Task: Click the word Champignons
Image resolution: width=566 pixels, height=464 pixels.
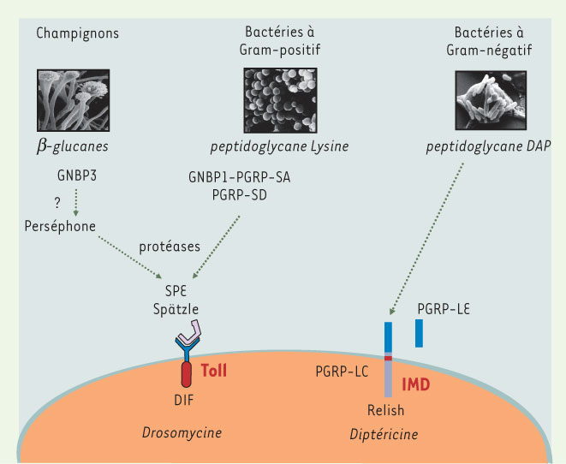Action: pyautogui.click(x=77, y=33)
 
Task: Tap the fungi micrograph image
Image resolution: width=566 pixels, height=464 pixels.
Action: pyautogui.click(x=74, y=100)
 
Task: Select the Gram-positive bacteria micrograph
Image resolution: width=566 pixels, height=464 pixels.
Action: pyautogui.click(x=281, y=100)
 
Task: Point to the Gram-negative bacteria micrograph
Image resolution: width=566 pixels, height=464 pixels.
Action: pyautogui.click(x=491, y=100)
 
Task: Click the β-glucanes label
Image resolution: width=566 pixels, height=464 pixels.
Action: pyautogui.click(x=72, y=146)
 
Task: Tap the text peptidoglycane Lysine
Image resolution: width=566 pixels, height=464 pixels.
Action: pyautogui.click(x=279, y=146)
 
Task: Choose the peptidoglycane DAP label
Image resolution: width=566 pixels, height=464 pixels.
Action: pyautogui.click(x=488, y=146)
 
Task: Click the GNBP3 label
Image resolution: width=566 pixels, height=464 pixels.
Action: pyautogui.click(x=77, y=175)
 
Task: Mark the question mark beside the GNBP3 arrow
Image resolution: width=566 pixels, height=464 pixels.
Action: pyautogui.click(x=57, y=203)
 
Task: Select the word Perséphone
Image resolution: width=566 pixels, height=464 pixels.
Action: pyautogui.click(x=60, y=226)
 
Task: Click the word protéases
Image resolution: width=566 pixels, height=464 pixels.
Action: pyautogui.click(x=170, y=247)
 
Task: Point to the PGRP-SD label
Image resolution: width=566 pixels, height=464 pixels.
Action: pyautogui.click(x=239, y=195)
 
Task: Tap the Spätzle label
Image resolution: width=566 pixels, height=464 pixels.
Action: pyautogui.click(x=176, y=309)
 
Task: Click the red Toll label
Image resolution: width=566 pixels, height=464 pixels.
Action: pyautogui.click(x=214, y=371)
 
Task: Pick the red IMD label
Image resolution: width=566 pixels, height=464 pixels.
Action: pyautogui.click(x=416, y=385)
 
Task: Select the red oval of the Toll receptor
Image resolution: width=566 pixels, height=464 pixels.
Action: pyautogui.click(x=187, y=375)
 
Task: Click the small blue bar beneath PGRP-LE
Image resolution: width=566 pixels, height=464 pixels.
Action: pyautogui.click(x=419, y=333)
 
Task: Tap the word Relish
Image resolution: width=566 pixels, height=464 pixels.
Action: pyautogui.click(x=385, y=410)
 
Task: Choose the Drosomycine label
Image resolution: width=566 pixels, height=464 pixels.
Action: pyautogui.click(x=182, y=432)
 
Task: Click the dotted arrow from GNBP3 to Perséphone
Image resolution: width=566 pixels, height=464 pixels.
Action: pyautogui.click(x=76, y=202)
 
